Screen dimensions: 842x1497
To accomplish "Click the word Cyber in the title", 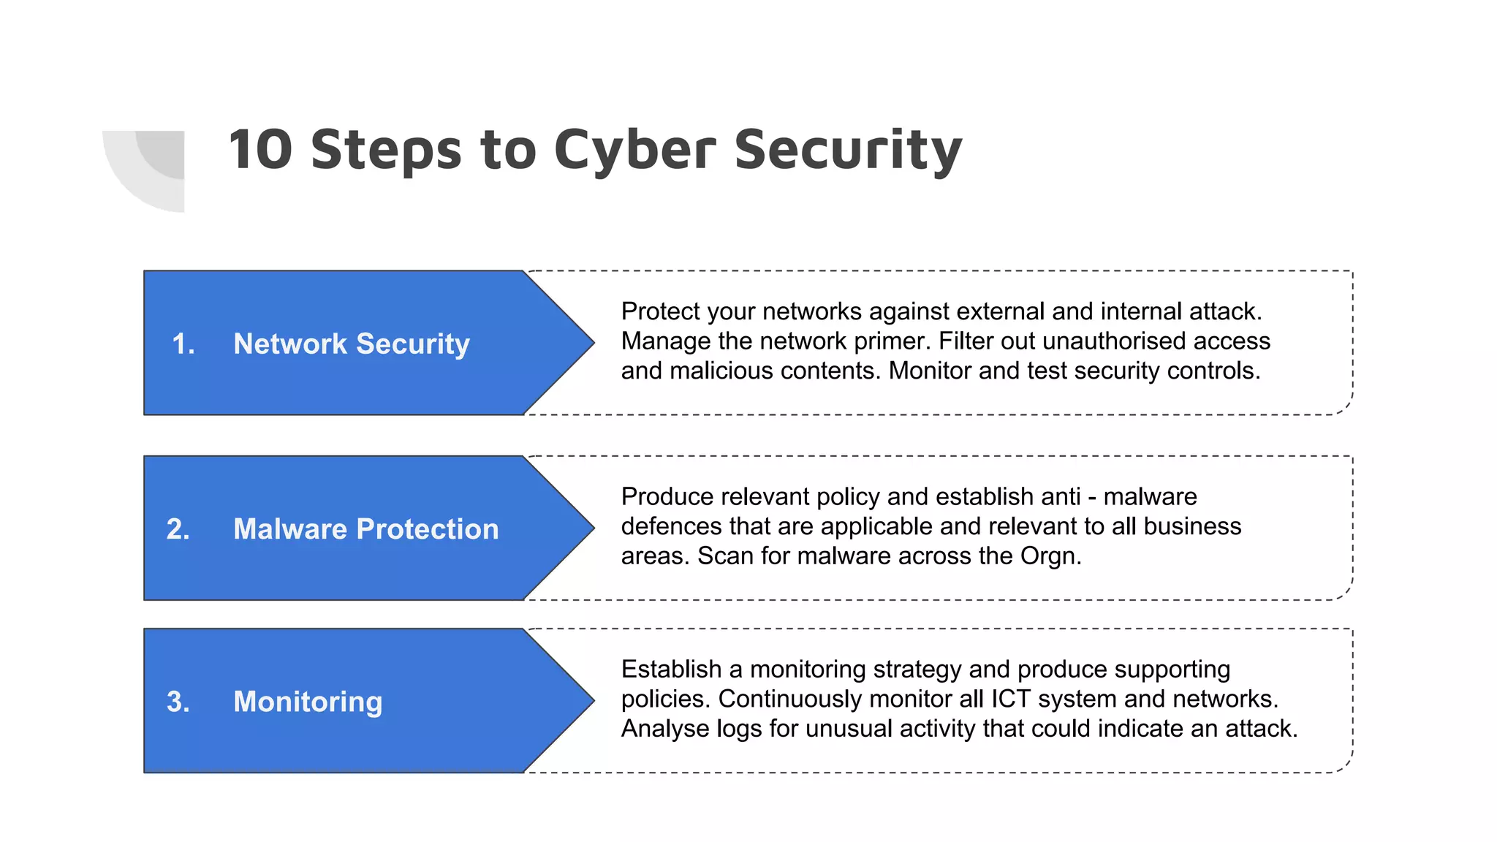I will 634,151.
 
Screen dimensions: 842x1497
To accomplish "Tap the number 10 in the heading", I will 261,150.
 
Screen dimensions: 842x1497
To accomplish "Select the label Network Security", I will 351,344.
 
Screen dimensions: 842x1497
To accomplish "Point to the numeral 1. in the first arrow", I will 183,344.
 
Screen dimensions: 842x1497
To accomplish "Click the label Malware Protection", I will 365,528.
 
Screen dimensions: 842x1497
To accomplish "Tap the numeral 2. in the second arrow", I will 178,528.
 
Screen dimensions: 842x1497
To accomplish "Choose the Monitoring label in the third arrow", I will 308,702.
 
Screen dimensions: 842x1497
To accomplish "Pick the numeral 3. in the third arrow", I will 178,702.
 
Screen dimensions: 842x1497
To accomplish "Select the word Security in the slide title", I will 848,151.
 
